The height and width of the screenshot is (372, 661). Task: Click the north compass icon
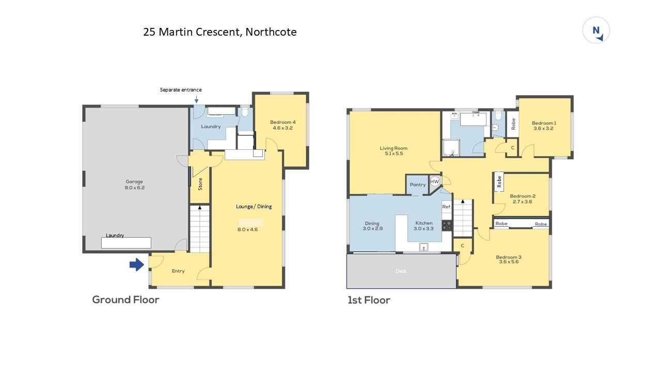[596, 30]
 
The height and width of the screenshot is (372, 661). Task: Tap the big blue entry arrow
[137, 265]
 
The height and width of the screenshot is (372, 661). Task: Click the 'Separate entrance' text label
[181, 90]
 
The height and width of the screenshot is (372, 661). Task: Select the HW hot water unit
[435, 181]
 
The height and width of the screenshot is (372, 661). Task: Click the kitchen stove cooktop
[447, 226]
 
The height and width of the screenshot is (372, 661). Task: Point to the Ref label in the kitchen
[446, 207]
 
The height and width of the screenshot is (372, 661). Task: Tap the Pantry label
[418, 184]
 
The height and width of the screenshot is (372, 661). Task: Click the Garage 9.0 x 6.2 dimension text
[135, 188]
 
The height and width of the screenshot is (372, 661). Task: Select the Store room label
[200, 184]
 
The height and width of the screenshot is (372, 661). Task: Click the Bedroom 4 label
[282, 122]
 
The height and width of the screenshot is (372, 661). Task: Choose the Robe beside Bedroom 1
[513, 123]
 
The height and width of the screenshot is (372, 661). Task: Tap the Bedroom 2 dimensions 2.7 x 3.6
[522, 202]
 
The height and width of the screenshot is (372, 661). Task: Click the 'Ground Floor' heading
[125, 300]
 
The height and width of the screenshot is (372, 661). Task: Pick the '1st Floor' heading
[369, 300]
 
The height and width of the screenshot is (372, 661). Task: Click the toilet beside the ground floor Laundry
[245, 112]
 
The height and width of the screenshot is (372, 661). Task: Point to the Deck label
[401, 271]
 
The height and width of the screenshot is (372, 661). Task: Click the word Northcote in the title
[271, 32]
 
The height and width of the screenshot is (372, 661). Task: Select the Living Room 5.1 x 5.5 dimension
[394, 153]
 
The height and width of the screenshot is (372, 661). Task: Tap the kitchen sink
[424, 247]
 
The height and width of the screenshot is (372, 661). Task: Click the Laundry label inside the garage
[115, 235]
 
